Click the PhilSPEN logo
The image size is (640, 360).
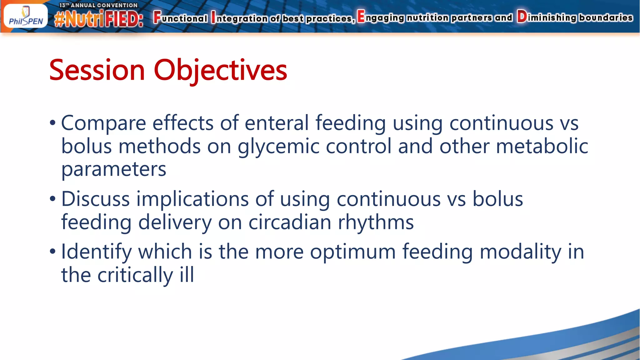(x=26, y=17)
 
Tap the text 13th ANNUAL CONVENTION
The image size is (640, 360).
(x=98, y=5)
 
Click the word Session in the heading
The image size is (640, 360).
(x=97, y=70)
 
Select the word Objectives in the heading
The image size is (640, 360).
(x=220, y=70)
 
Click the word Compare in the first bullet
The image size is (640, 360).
(x=103, y=123)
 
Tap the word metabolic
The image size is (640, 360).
(x=542, y=146)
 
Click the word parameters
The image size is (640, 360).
(x=114, y=169)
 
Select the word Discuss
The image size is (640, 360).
(x=95, y=199)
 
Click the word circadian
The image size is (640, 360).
(x=290, y=222)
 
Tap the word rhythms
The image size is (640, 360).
(x=376, y=222)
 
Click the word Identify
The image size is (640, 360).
(x=96, y=252)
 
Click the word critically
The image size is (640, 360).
(x=135, y=275)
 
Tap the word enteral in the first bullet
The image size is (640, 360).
(x=277, y=123)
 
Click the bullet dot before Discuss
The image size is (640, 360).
(x=52, y=199)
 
